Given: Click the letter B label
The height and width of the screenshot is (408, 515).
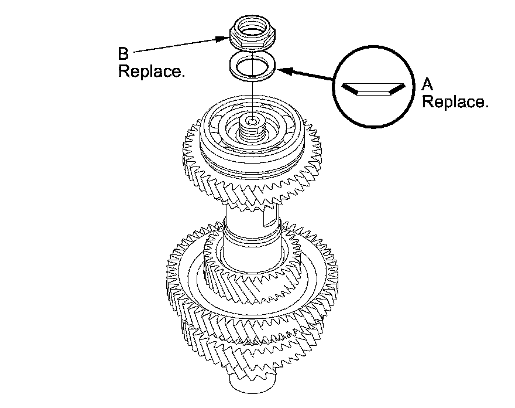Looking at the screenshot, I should point(123,54).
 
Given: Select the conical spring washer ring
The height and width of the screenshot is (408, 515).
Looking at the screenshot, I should point(253,66).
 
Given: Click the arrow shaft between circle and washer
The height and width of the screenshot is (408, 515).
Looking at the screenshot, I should point(310,75).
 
